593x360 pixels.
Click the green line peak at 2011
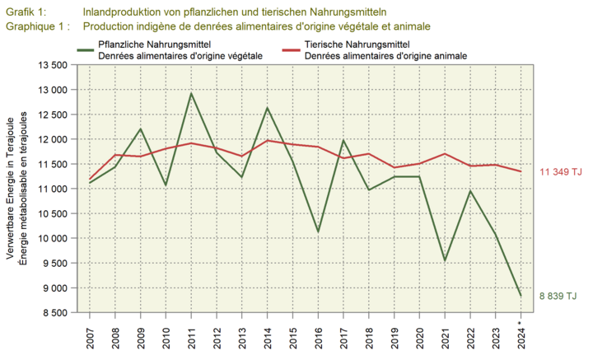tap(191, 93)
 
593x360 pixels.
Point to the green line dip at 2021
tap(446, 260)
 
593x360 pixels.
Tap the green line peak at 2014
tap(268, 108)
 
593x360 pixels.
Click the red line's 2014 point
tap(268, 140)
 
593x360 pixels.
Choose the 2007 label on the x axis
tap(90, 336)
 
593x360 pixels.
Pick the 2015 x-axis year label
tap(293, 336)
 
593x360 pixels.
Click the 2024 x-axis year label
tap(521, 336)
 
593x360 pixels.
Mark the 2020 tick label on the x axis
tap(420, 336)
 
